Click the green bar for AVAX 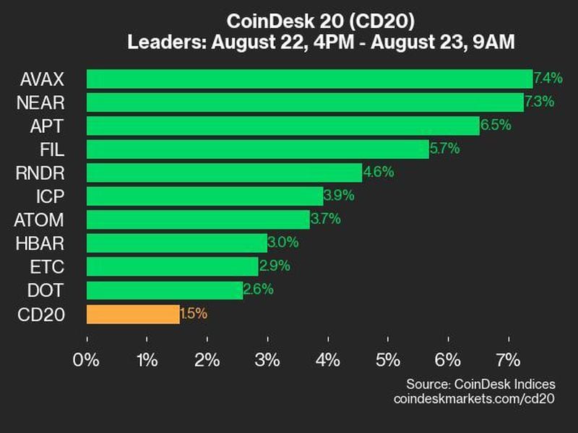[309, 79]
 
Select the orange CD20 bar [133, 314]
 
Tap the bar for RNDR [224, 172]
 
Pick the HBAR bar [177, 243]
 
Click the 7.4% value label [548, 77]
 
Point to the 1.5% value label [194, 313]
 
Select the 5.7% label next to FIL [444, 149]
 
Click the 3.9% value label [339, 196]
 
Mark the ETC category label [48, 267]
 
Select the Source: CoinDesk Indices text [481, 383]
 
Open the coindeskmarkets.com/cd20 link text [474, 398]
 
